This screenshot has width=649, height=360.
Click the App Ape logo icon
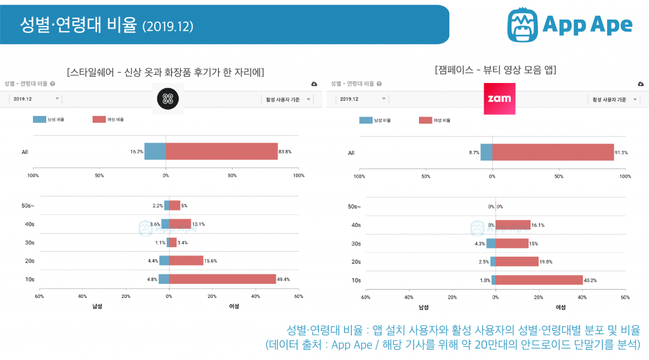pyautogui.click(x=522, y=24)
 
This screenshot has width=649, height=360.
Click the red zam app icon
pyautogui.click(x=499, y=99)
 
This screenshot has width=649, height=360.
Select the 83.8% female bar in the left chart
pyautogui.click(x=221, y=151)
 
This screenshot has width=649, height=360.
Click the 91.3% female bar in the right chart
pyautogui.click(x=553, y=152)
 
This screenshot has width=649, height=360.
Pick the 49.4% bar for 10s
pyautogui.click(x=222, y=279)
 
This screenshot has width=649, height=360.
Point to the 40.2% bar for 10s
pyautogui.click(x=539, y=280)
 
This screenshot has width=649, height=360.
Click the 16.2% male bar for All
pyautogui.click(x=155, y=151)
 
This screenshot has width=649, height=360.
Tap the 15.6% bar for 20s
pyautogui.click(x=186, y=260)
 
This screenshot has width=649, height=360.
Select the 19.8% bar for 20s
pyautogui.click(x=517, y=261)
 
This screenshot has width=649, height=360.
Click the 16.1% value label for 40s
pyautogui.click(x=538, y=225)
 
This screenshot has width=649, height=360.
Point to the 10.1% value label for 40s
pyautogui.click(x=198, y=224)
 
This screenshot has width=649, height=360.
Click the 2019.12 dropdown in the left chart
pyautogui.click(x=35, y=99)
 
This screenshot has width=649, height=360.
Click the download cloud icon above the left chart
pyautogui.click(x=314, y=84)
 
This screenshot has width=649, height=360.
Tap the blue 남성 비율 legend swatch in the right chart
pyautogui.click(x=366, y=120)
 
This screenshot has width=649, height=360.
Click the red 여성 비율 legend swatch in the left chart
pyautogui.click(x=99, y=119)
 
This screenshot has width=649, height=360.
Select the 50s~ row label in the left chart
pyautogui.click(x=29, y=206)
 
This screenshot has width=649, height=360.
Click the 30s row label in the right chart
pyautogui.click(x=356, y=243)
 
